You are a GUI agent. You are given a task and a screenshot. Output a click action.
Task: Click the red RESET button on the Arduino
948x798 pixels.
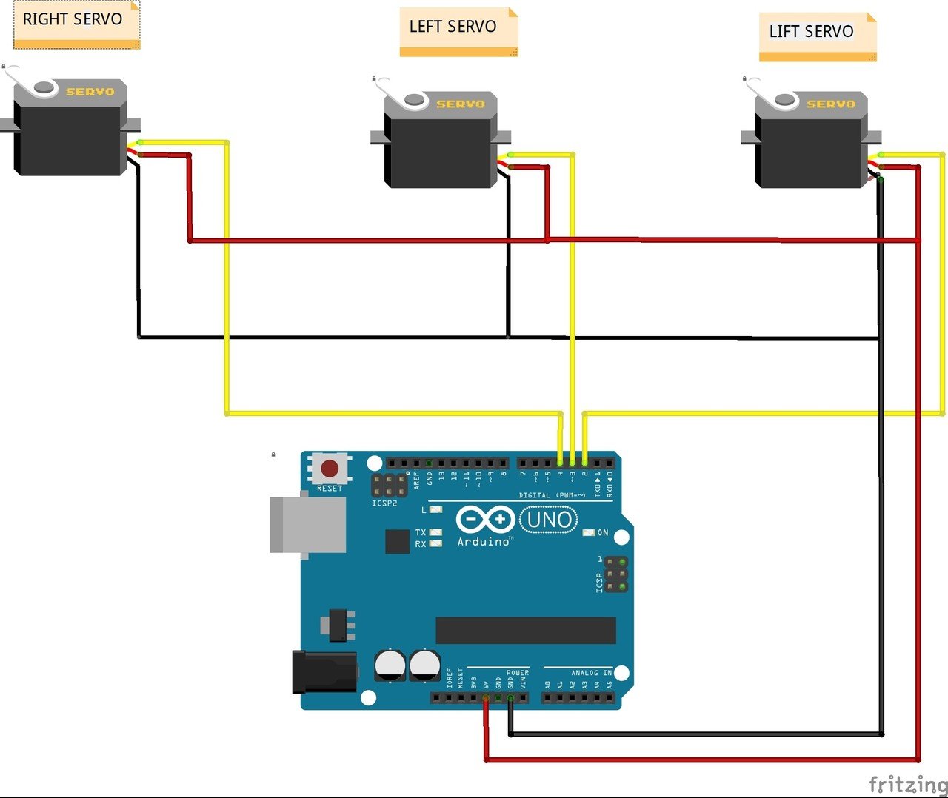click(x=330, y=469)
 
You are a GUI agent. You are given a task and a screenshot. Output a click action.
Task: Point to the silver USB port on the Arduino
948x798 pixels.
click(x=308, y=525)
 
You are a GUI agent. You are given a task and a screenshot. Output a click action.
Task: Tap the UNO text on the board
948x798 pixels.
click(x=549, y=520)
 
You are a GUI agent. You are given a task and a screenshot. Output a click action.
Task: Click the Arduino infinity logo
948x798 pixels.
click(x=485, y=520)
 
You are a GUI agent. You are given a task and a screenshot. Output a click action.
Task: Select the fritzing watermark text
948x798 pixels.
click(x=908, y=784)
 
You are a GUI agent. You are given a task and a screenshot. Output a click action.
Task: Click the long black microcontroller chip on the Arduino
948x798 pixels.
click(x=526, y=631)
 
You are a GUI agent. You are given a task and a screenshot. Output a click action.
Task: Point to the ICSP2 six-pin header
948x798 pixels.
click(x=390, y=486)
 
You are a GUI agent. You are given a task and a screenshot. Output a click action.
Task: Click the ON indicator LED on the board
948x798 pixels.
click(x=590, y=532)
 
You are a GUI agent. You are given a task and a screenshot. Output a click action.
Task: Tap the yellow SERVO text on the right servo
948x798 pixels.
click(x=90, y=92)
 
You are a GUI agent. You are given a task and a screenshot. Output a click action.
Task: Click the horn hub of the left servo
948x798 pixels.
click(x=414, y=99)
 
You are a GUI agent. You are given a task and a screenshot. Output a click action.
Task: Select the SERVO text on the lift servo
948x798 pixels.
click(x=831, y=104)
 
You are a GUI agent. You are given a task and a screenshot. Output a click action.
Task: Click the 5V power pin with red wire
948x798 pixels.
click(x=486, y=697)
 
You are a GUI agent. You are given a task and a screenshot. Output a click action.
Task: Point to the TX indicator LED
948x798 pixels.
click(x=435, y=532)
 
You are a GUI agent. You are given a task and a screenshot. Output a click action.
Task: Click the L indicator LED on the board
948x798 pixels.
click(x=435, y=510)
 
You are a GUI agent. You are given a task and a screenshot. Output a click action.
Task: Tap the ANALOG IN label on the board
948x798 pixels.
click(x=591, y=673)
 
